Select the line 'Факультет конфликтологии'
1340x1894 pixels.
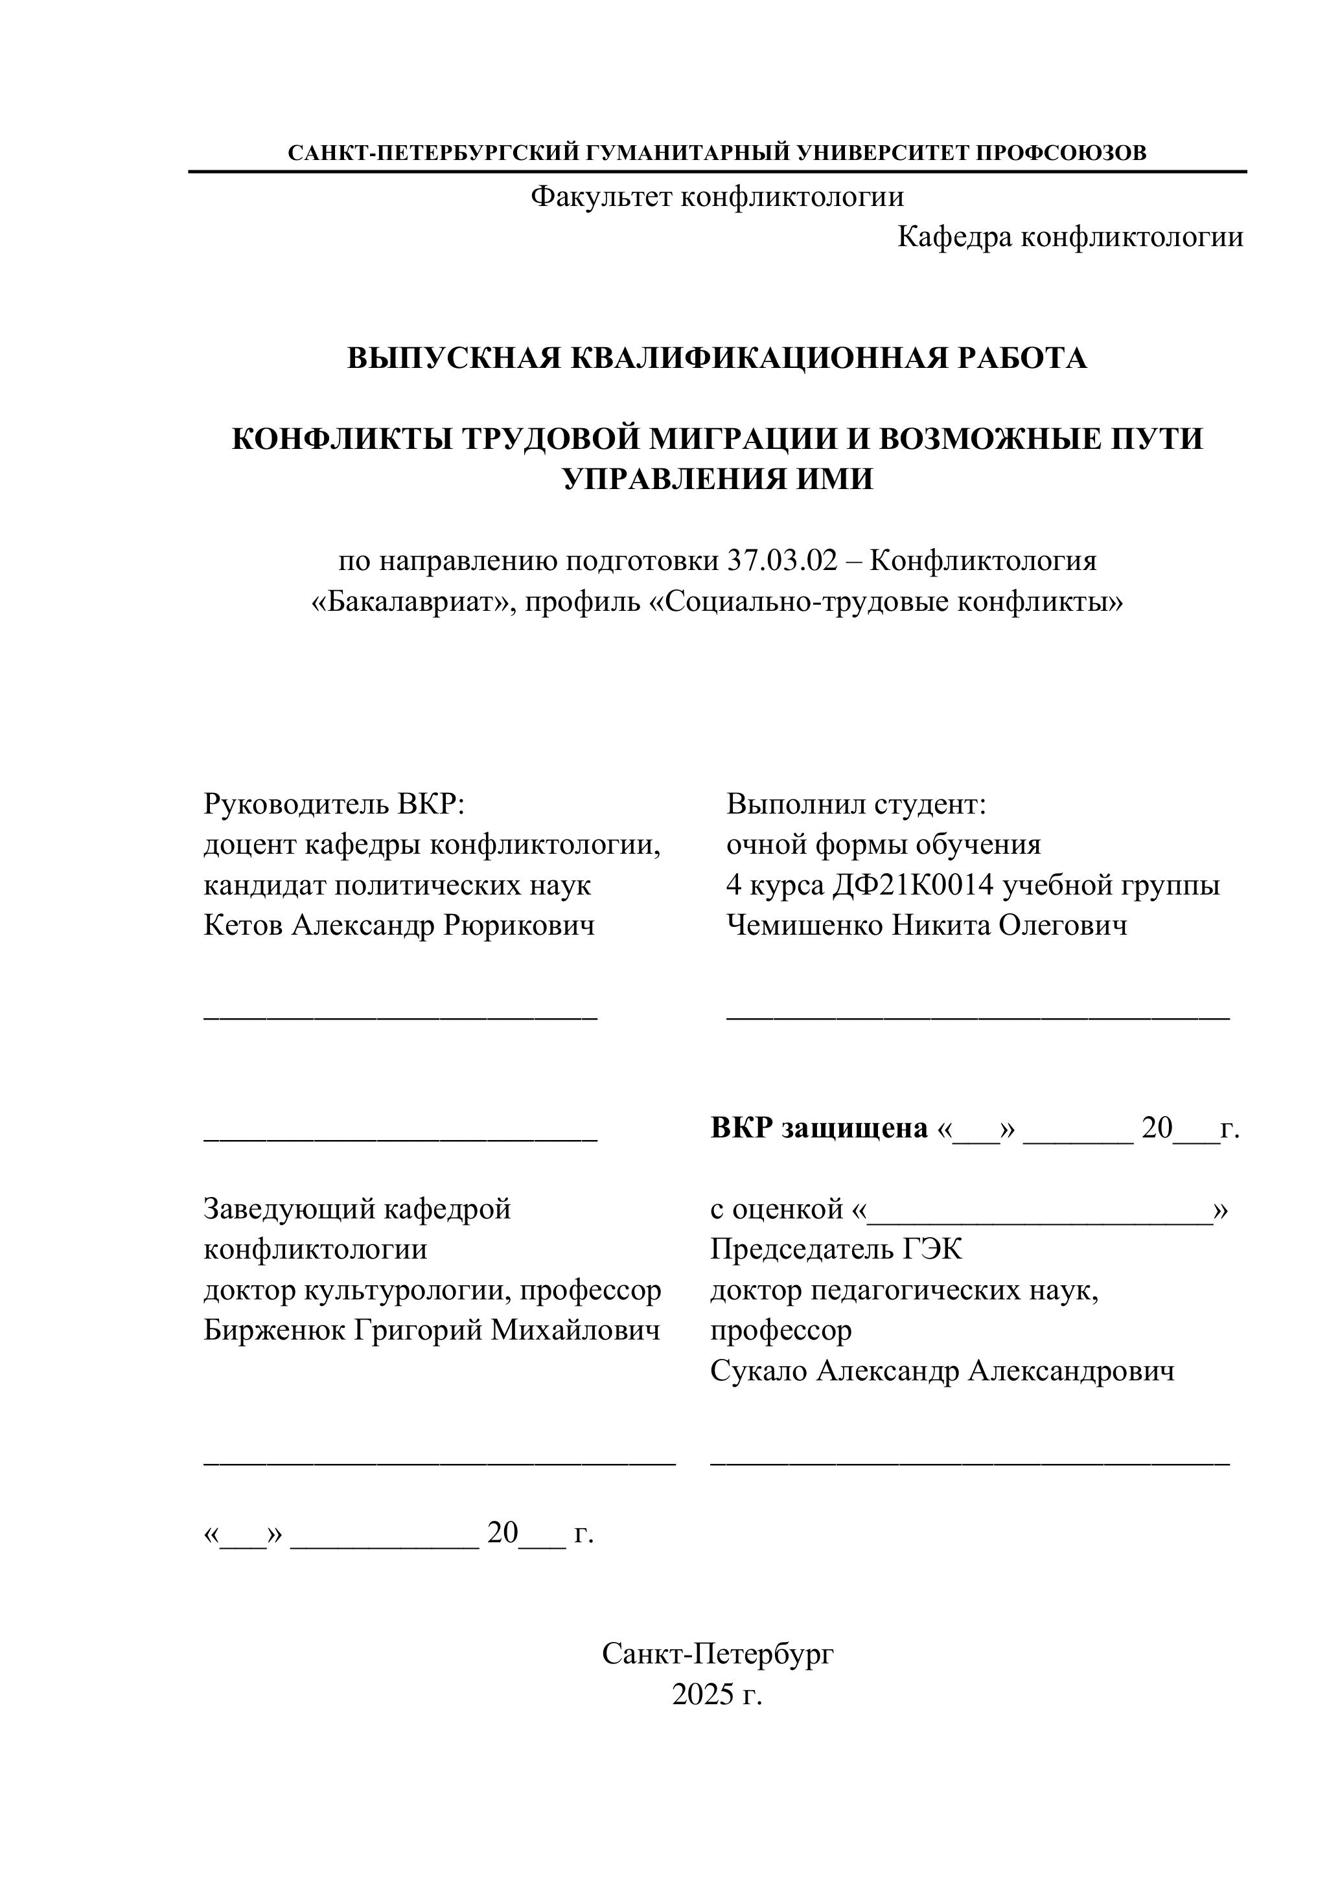[717, 196]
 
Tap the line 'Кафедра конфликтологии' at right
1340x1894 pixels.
[1070, 238]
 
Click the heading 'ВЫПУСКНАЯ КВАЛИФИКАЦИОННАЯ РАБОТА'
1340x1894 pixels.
[717, 358]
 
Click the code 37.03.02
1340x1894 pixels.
[782, 561]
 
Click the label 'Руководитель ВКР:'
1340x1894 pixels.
[334, 803]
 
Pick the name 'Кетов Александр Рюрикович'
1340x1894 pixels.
[399, 926]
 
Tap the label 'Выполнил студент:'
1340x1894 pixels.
[857, 803]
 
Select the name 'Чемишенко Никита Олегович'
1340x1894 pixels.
[927, 926]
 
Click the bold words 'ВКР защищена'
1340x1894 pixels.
[819, 1128]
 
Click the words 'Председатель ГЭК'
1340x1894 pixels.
[836, 1249]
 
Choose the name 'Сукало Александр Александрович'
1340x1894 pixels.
[942, 1371]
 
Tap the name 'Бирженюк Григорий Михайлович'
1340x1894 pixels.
[432, 1330]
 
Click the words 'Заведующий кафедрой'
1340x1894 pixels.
[357, 1209]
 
